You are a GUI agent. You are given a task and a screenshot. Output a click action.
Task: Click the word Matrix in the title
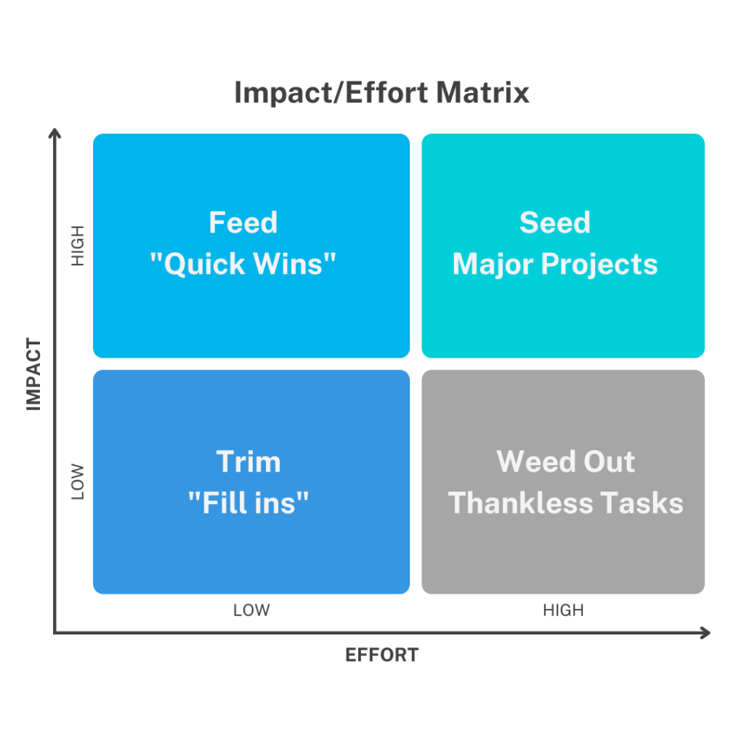click(482, 92)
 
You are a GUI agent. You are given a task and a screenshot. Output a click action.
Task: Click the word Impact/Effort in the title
click(331, 93)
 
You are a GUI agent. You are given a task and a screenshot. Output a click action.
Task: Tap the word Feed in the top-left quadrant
click(243, 222)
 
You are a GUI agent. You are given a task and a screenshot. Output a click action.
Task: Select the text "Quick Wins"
click(243, 264)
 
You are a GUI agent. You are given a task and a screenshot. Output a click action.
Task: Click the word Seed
click(554, 222)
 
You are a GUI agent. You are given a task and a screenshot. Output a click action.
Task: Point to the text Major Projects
click(554, 264)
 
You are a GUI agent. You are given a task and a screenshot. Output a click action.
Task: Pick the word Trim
click(248, 461)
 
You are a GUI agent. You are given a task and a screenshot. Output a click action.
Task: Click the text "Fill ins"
click(248, 503)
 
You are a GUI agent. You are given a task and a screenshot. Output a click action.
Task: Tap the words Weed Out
click(565, 461)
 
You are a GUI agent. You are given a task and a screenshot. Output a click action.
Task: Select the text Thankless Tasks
click(565, 503)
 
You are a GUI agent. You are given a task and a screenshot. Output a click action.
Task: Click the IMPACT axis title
click(33, 374)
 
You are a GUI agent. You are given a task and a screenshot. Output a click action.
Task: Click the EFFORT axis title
click(381, 655)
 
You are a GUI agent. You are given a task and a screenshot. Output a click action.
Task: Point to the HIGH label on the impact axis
click(77, 246)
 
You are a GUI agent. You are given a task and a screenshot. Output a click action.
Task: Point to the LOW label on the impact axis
click(77, 482)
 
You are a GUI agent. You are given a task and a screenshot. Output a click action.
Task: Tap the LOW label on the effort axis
click(251, 610)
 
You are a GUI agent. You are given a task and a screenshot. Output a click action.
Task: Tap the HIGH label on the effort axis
click(563, 610)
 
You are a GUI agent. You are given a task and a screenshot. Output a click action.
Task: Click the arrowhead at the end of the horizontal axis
click(706, 633)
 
